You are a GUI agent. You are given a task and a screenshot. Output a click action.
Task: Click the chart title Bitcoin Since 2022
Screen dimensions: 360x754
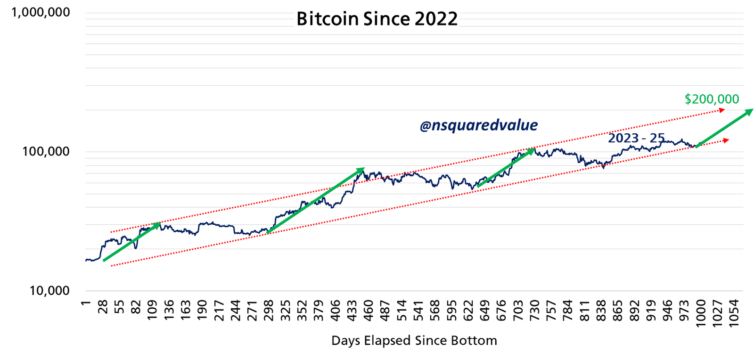tap(377, 19)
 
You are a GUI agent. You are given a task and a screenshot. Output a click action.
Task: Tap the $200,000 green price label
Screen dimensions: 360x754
tap(712, 99)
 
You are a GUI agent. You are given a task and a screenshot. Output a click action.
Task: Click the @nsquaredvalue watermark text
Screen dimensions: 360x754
tap(478, 125)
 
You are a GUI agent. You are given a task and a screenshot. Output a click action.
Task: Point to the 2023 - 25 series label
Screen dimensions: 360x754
tap(636, 138)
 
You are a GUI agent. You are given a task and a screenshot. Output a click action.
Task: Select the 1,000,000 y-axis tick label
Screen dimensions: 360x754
tap(41, 12)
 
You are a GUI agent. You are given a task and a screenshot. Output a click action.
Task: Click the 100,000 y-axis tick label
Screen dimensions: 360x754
tap(46, 151)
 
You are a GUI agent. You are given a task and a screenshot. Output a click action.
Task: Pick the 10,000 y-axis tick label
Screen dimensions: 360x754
tap(49, 290)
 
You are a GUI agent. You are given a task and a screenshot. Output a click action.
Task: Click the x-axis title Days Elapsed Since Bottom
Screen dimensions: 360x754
tap(414, 341)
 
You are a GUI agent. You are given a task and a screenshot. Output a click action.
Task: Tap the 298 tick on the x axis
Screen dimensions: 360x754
tap(269, 310)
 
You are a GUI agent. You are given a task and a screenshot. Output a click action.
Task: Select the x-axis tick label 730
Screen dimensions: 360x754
tap(534, 310)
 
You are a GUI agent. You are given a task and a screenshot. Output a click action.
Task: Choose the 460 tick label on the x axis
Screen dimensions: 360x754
tap(369, 310)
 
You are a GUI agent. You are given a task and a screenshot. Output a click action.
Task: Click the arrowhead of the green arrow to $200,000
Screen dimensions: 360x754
tap(750, 111)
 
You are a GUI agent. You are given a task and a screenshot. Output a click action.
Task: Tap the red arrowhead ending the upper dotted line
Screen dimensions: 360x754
tap(721, 110)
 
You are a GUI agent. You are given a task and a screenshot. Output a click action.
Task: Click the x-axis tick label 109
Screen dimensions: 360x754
tap(152, 310)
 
